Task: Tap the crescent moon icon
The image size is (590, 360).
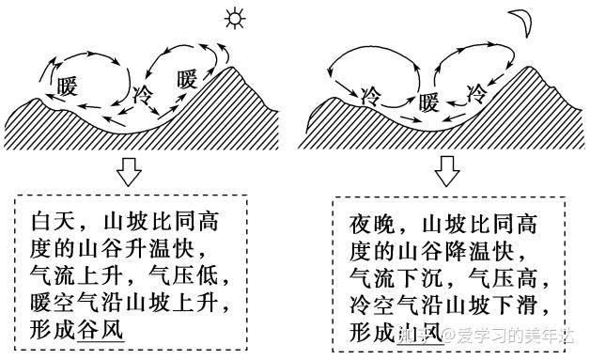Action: pyautogui.click(x=519, y=20)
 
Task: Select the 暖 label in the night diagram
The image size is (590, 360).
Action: pyautogui.click(x=429, y=101)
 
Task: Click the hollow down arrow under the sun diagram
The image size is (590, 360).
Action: pyautogui.click(x=127, y=171)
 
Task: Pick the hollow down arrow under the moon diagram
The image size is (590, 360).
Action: pyautogui.click(x=447, y=171)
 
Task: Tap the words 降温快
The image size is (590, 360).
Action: pyautogui.click(x=504, y=251)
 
